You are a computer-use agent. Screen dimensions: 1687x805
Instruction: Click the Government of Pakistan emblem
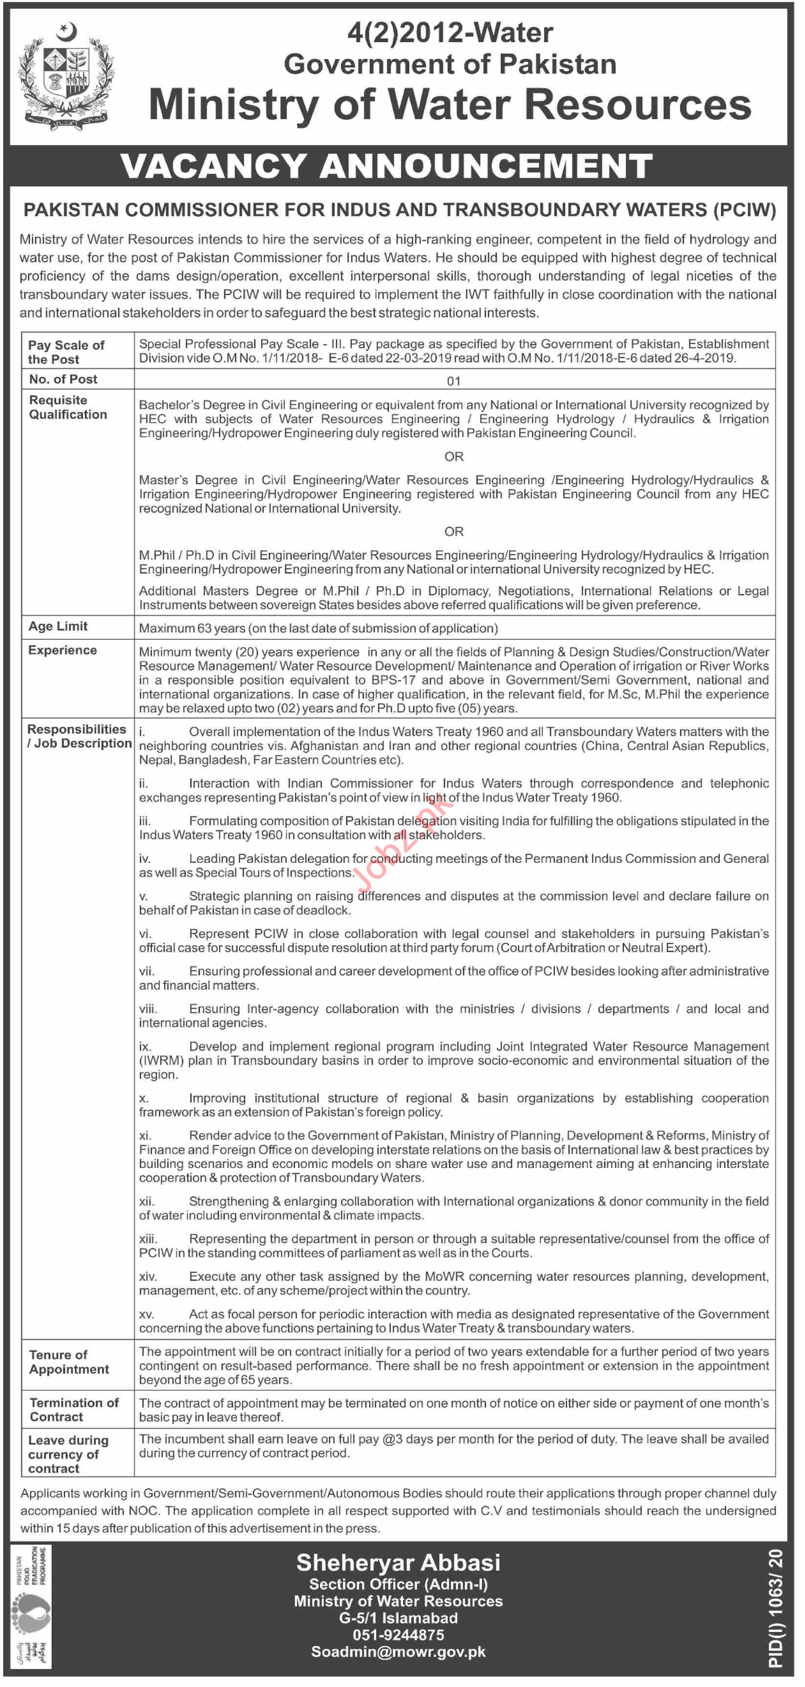(65, 75)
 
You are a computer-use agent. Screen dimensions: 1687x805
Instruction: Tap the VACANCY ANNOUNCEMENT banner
(386, 166)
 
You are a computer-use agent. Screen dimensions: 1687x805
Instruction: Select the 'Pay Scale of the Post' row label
(65, 352)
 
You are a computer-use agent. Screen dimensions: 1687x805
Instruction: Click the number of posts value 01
(454, 380)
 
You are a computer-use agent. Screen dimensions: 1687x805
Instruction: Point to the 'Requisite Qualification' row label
(67, 407)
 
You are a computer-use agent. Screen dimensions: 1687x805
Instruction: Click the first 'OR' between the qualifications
(454, 457)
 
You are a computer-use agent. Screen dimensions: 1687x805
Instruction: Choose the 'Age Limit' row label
(58, 626)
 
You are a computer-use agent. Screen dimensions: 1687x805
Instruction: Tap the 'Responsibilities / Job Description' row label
(79, 736)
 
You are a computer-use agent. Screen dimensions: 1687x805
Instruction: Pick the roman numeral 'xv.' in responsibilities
(146, 1314)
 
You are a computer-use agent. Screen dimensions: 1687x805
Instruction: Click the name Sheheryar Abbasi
(398, 1562)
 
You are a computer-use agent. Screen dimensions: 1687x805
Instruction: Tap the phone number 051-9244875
(398, 1635)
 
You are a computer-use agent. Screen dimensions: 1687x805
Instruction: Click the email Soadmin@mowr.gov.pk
(398, 1652)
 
